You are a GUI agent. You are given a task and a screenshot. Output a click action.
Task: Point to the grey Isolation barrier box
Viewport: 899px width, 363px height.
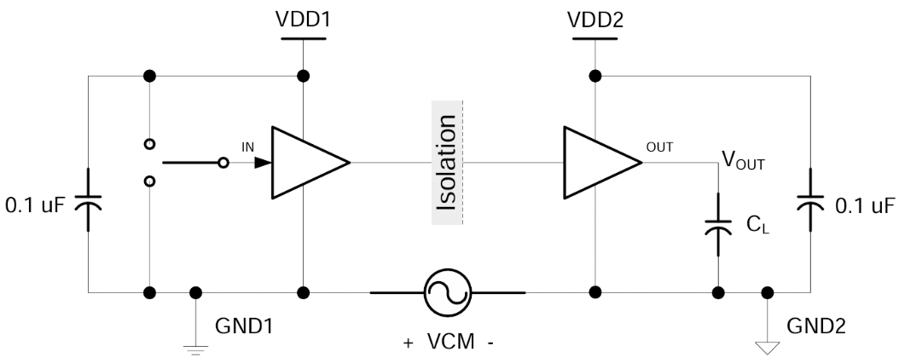click(449, 162)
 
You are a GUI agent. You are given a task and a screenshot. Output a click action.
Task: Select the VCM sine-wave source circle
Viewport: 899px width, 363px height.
click(448, 292)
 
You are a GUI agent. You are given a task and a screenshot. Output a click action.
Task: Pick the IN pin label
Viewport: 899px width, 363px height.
click(248, 147)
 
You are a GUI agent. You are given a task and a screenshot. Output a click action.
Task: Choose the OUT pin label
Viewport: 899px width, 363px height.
click(659, 147)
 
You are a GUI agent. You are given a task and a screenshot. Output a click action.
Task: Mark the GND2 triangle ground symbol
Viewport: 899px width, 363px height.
click(768, 345)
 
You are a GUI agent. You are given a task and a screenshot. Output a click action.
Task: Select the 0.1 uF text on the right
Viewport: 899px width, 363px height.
click(863, 205)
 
